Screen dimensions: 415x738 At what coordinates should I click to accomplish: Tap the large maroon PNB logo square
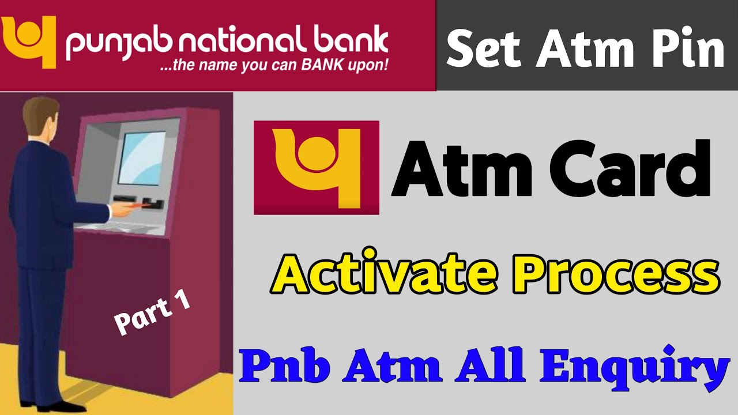click(x=317, y=167)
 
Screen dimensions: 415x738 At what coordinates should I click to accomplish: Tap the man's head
click(x=40, y=115)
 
